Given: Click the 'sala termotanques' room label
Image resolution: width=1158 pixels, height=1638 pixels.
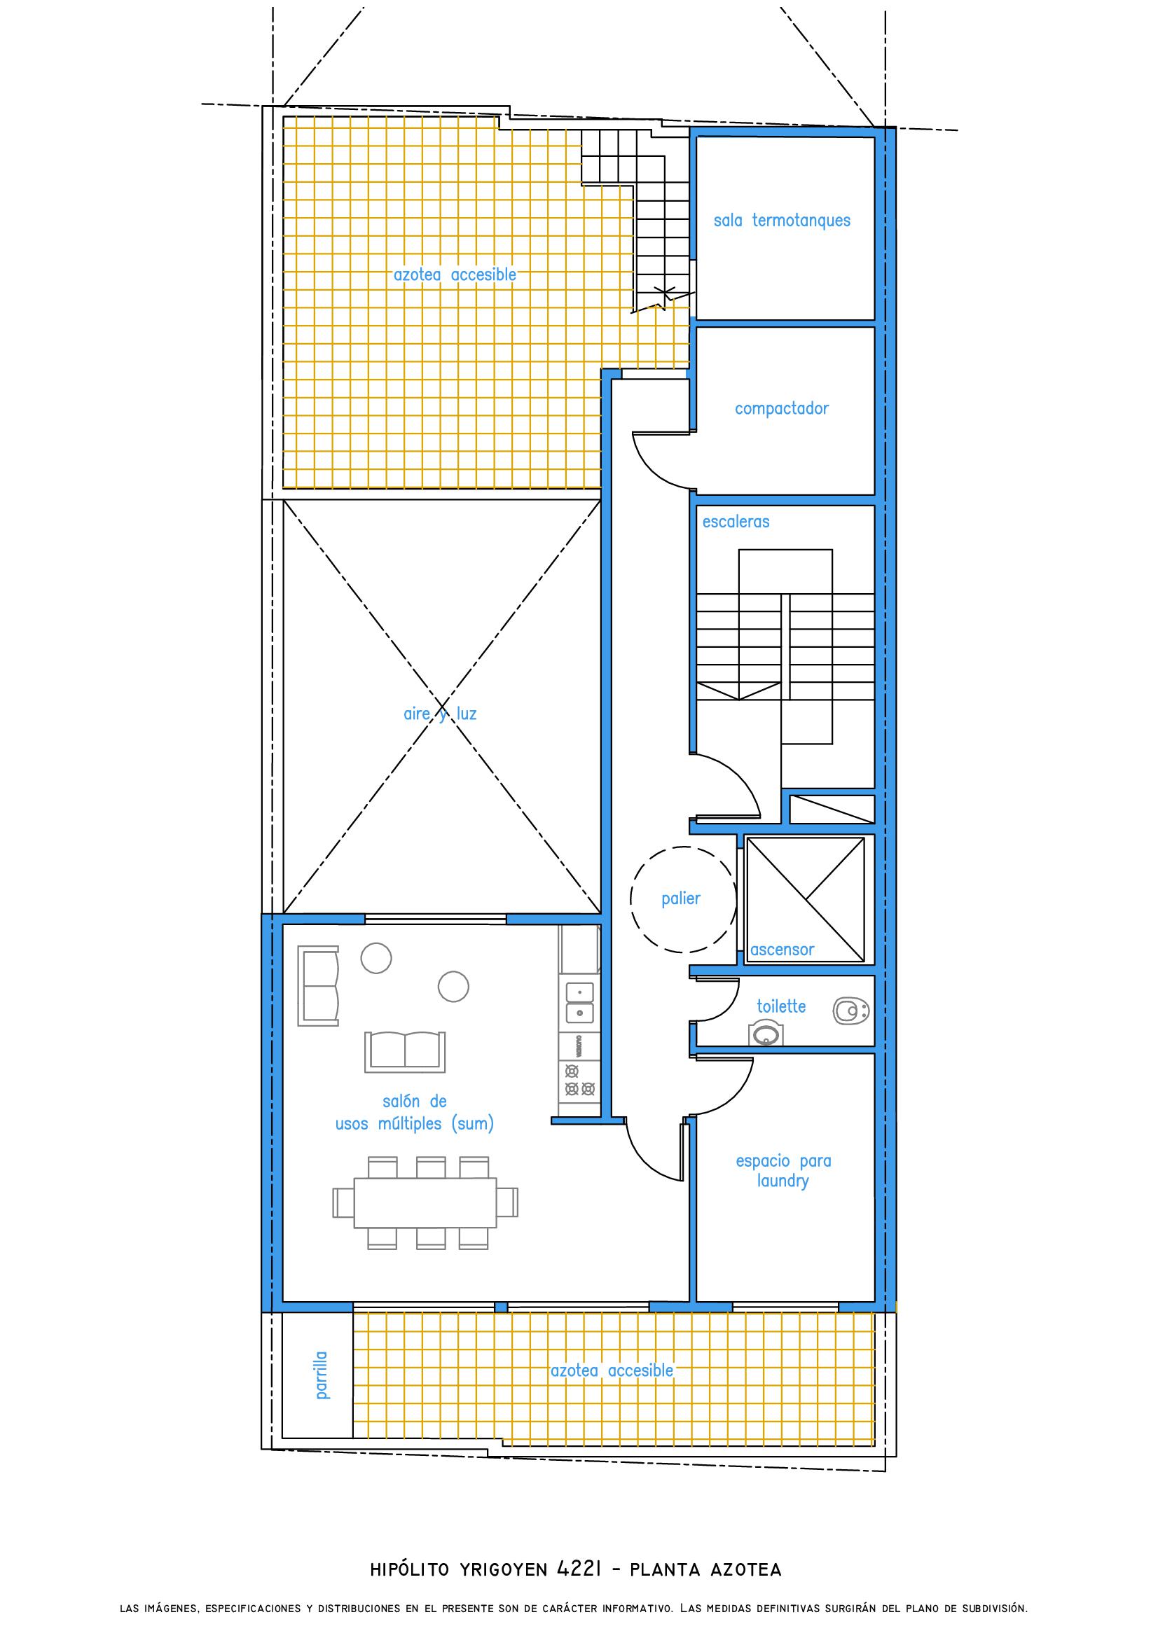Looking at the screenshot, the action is (x=782, y=221).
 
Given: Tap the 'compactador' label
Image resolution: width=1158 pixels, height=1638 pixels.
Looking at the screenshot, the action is (x=782, y=409).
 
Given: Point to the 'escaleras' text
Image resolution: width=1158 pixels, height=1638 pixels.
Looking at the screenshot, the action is (x=736, y=522).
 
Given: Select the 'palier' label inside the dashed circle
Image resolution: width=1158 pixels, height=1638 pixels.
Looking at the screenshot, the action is (x=681, y=899).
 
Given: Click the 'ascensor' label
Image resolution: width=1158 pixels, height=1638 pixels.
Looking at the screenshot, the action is (x=782, y=950).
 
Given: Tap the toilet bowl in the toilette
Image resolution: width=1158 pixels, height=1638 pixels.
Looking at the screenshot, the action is (x=850, y=1011).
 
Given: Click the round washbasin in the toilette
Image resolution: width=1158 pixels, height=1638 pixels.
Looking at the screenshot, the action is (x=765, y=1034).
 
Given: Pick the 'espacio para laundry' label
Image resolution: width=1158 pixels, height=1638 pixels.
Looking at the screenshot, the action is (x=783, y=1171).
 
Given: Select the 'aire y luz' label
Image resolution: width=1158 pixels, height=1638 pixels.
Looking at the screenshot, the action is (x=440, y=714).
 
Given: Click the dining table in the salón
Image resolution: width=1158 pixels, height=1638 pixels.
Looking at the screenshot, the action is (x=425, y=1202).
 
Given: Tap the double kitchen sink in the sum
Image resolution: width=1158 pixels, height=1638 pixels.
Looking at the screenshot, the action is (x=579, y=1001).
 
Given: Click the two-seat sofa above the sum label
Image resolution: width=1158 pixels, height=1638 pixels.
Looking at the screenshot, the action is (x=404, y=1051).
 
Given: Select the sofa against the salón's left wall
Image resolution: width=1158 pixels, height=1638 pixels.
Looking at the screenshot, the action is (x=318, y=987).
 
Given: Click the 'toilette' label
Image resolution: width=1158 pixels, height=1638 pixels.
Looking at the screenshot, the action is (x=781, y=1006).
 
